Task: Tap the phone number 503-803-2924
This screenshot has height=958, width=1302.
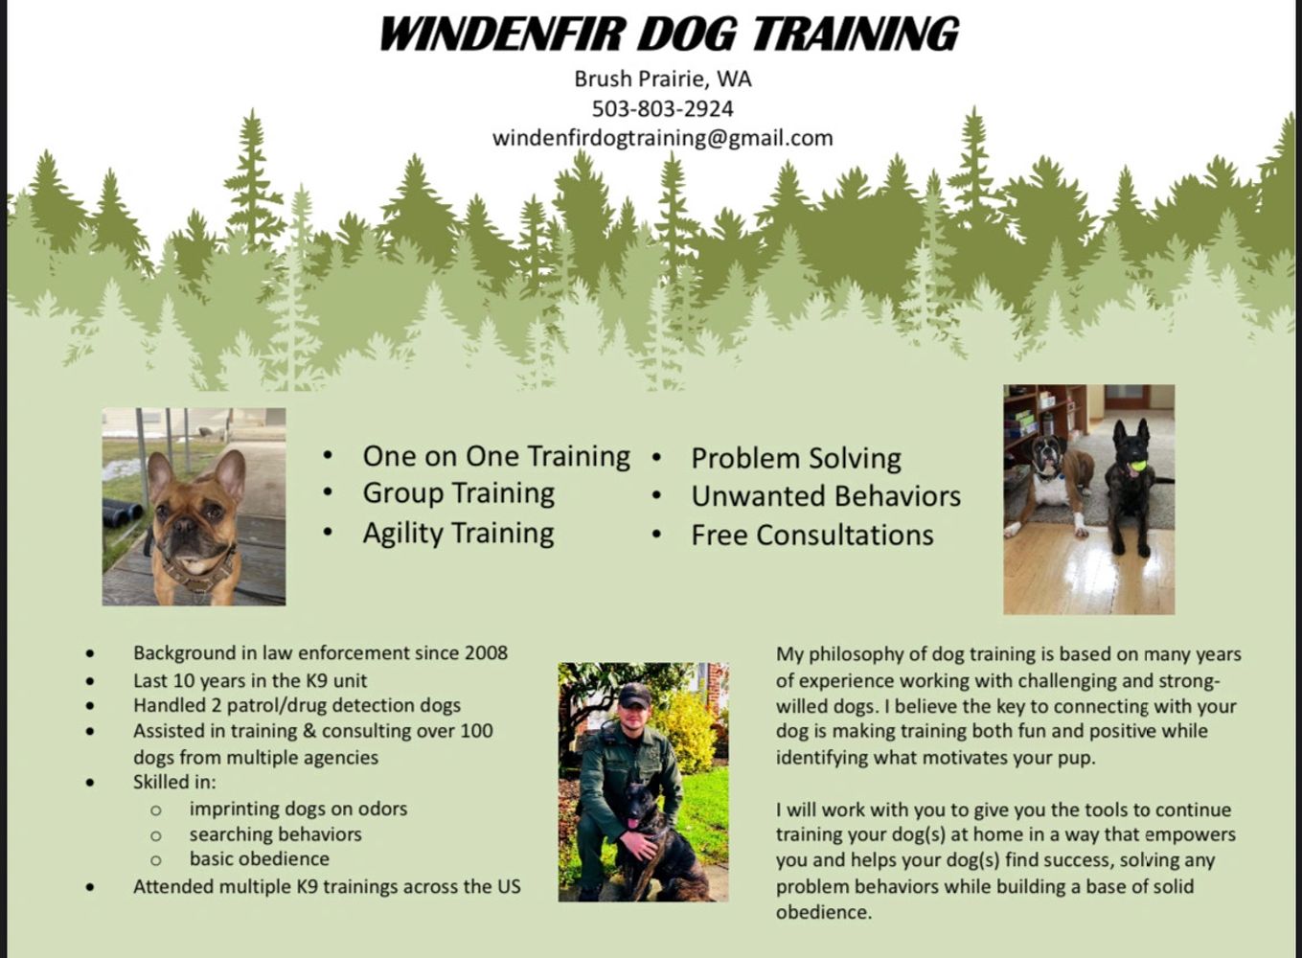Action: click(x=663, y=108)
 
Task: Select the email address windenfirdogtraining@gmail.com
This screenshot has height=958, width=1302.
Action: click(x=663, y=138)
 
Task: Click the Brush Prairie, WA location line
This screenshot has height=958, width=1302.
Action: click(x=663, y=80)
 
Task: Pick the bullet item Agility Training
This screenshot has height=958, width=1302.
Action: click(x=459, y=533)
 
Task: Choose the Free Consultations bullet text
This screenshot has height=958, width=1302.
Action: click(x=812, y=535)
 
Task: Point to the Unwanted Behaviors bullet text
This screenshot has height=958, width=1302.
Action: click(x=826, y=496)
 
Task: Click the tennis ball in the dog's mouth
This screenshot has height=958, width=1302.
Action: click(x=1137, y=466)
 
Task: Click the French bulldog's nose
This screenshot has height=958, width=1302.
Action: click(x=185, y=525)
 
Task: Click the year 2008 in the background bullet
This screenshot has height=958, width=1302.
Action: click(x=486, y=653)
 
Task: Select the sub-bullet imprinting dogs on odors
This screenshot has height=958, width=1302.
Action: click(x=298, y=809)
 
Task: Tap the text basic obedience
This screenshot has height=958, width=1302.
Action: click(x=260, y=858)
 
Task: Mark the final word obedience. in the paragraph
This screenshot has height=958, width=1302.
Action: click(x=824, y=912)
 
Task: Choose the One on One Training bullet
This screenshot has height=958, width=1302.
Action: click(x=496, y=456)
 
